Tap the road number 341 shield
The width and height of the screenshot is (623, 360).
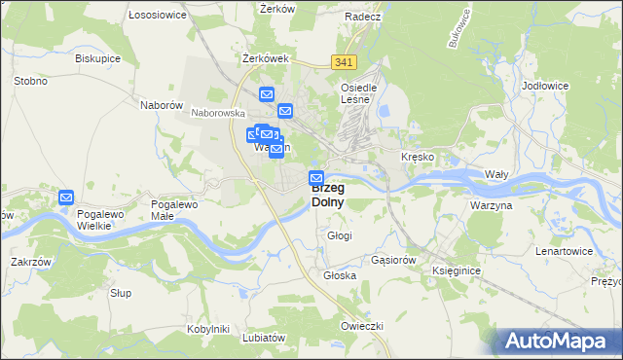pyautogui.click(x=343, y=62)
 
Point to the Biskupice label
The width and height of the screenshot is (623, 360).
pyautogui.click(x=97, y=57)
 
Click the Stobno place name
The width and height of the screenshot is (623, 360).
pyautogui.click(x=30, y=81)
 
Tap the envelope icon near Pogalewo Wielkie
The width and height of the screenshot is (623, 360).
pyautogui.click(x=66, y=198)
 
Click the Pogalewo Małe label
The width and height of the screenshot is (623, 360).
pyautogui.click(x=174, y=211)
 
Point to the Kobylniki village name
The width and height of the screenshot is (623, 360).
pyautogui.click(x=207, y=329)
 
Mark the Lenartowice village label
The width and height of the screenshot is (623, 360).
pyautogui.click(x=564, y=251)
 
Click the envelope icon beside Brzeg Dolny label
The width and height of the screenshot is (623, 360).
pyautogui.click(x=316, y=178)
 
